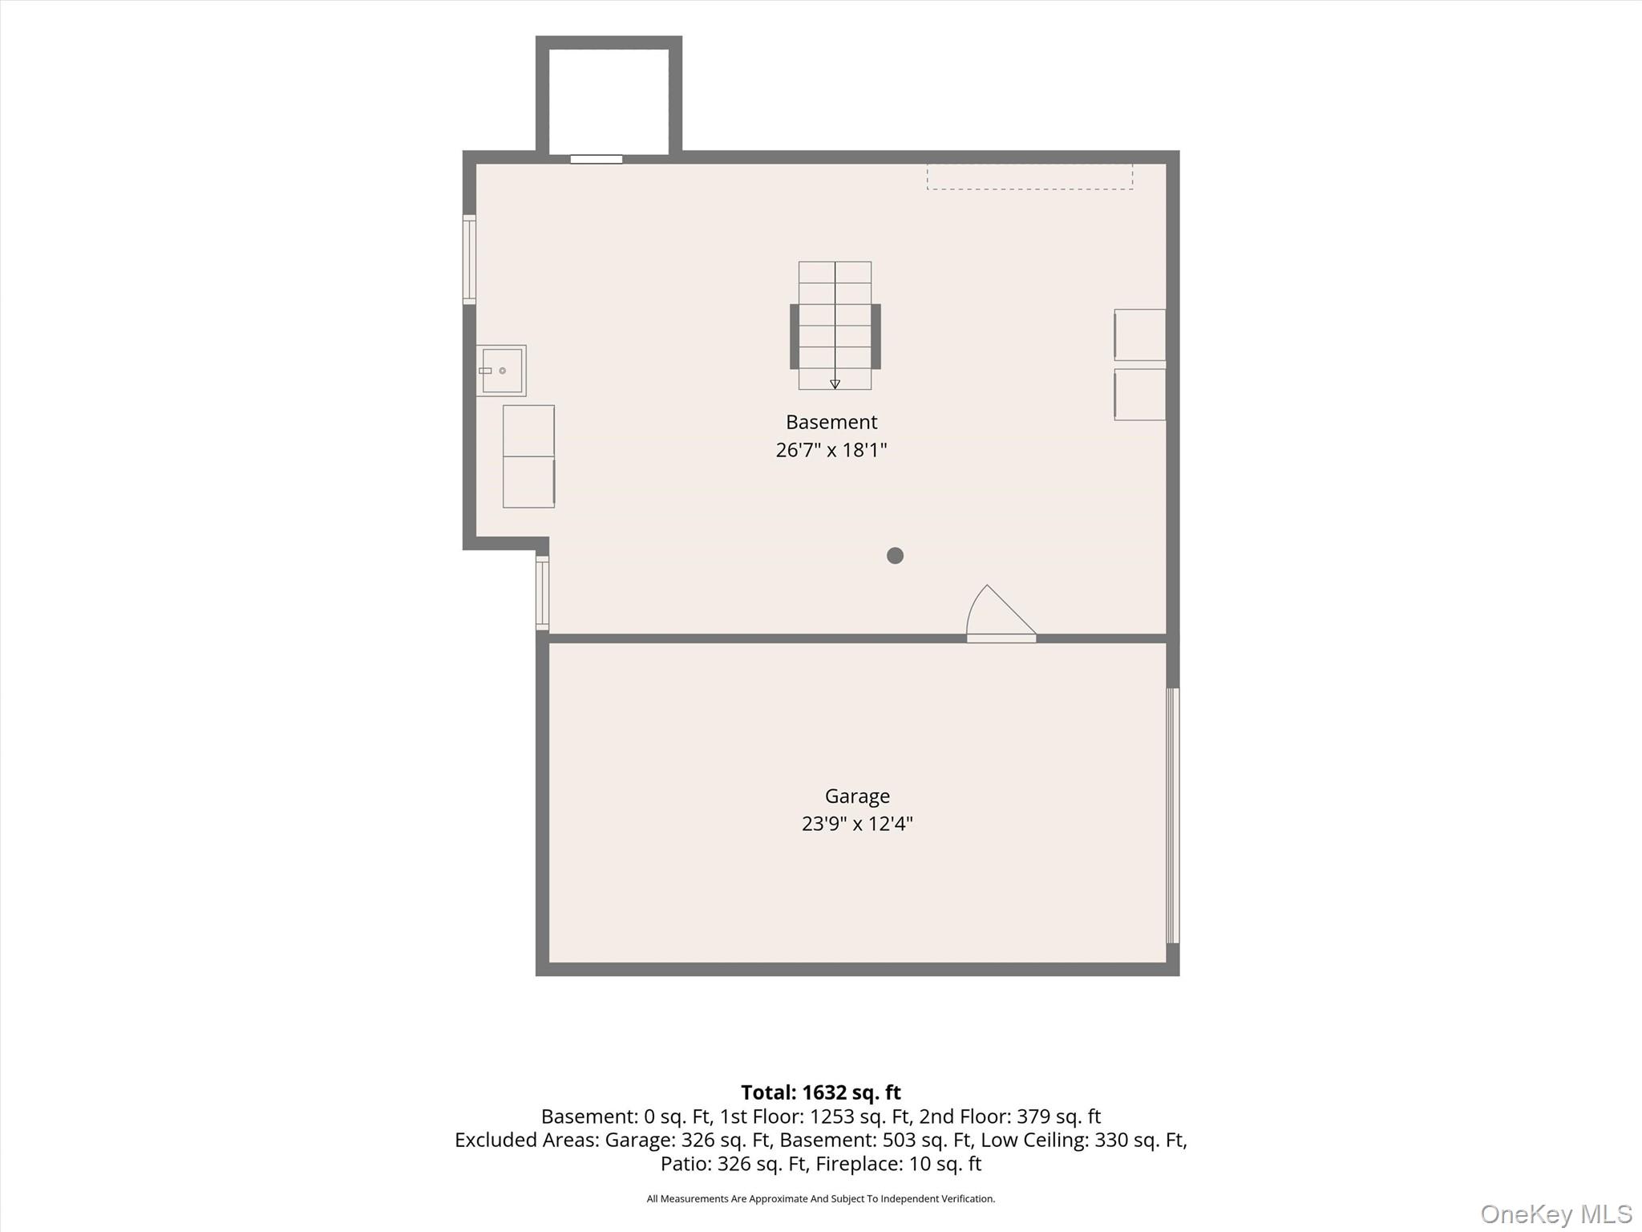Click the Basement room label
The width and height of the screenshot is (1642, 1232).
click(831, 422)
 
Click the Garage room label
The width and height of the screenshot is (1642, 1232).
click(857, 796)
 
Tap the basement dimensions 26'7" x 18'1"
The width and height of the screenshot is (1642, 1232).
click(831, 450)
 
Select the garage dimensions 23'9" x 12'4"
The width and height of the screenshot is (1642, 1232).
click(857, 824)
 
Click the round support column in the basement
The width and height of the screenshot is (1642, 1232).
click(895, 555)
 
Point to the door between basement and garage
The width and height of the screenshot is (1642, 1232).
click(1001, 614)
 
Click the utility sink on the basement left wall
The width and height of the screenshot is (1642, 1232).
click(501, 371)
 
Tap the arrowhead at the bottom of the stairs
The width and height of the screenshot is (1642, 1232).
click(835, 384)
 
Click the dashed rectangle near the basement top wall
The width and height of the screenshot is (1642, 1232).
click(1029, 176)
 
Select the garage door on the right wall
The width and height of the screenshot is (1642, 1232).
click(1172, 815)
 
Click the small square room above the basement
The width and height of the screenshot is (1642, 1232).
click(609, 101)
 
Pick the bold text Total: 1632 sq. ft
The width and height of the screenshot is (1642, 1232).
click(820, 1092)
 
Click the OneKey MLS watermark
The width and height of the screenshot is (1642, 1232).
click(1556, 1214)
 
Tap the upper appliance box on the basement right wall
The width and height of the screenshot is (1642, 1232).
click(1139, 335)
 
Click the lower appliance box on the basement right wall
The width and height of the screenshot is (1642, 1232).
click(1139, 395)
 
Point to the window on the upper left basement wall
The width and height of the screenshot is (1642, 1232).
click(469, 260)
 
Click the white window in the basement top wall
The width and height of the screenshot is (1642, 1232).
click(597, 159)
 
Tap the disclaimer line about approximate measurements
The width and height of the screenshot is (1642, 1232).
click(820, 1198)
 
